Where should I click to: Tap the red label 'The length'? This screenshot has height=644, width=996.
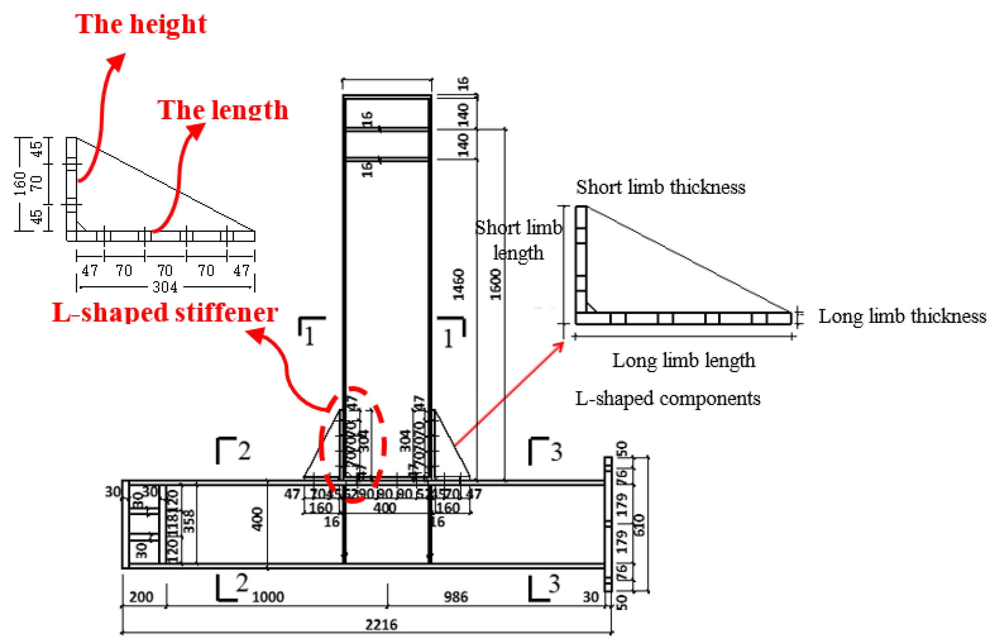point(223,111)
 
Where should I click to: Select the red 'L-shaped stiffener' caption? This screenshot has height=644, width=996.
point(165,313)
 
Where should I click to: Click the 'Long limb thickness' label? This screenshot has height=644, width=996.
point(902,316)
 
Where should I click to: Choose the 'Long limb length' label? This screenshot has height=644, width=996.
point(684,360)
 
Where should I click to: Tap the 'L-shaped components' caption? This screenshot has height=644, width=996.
point(668,398)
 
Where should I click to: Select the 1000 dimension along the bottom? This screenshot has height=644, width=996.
point(268,597)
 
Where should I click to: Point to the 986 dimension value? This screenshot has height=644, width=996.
point(456,597)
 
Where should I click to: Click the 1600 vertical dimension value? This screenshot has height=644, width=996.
point(495,284)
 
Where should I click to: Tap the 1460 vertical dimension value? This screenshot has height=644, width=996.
point(459,284)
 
